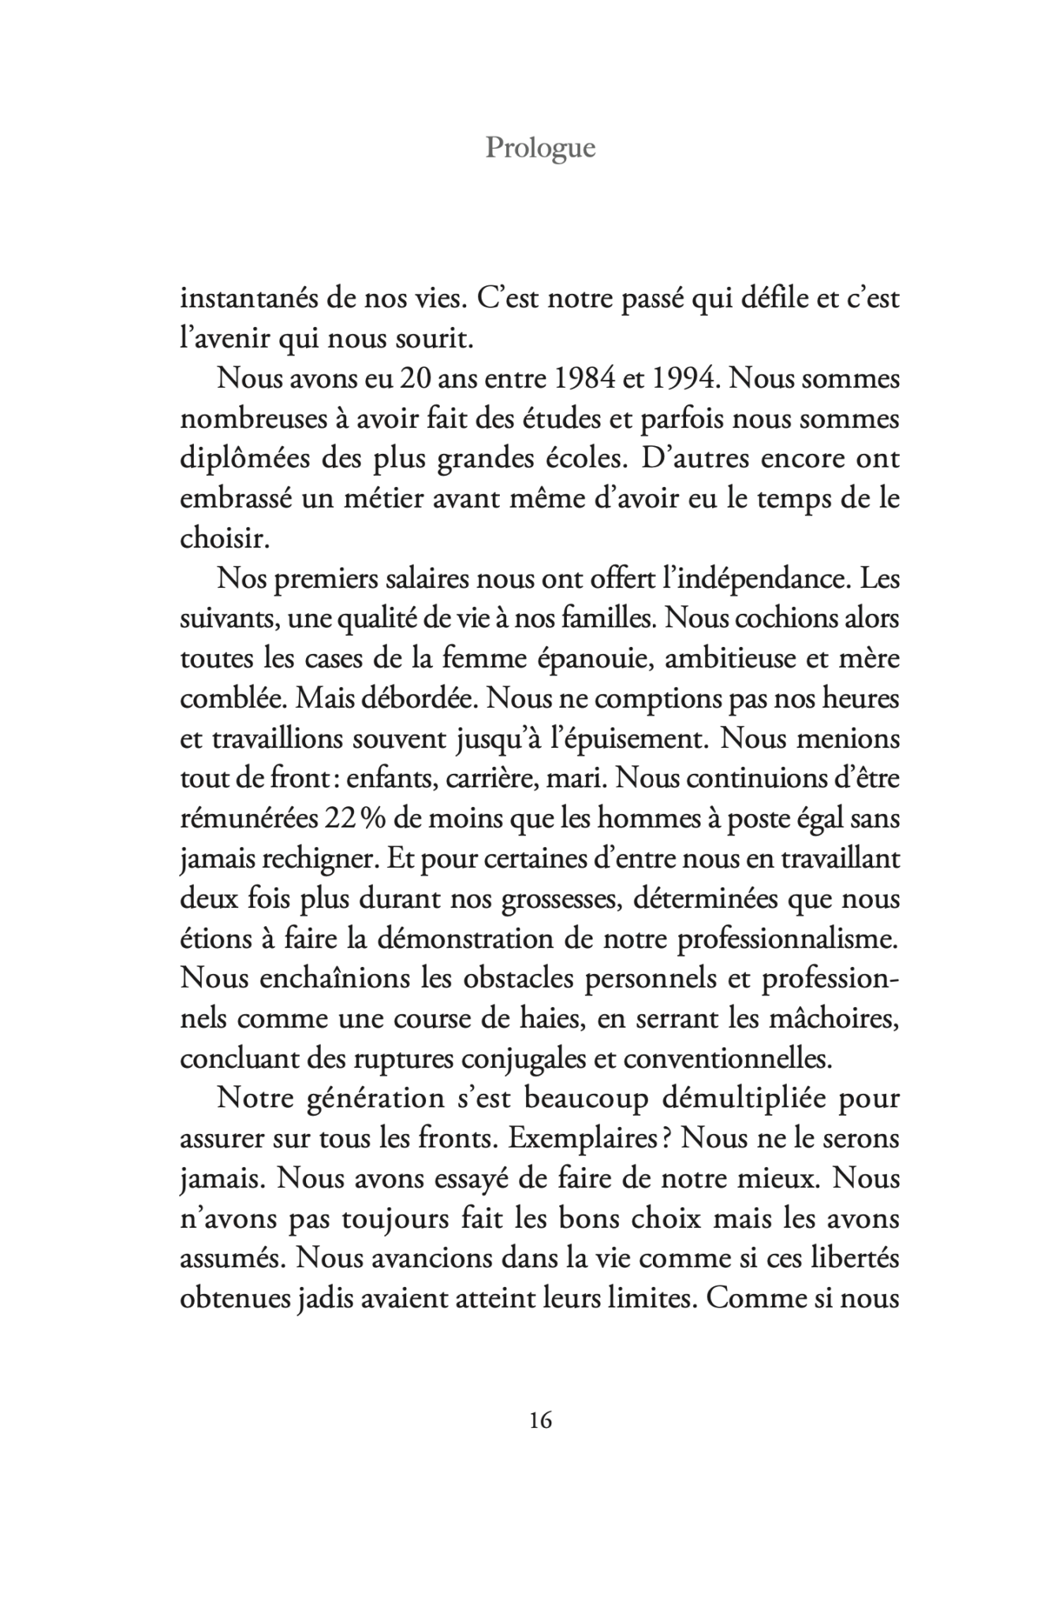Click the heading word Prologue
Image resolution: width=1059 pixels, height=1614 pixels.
540,147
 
